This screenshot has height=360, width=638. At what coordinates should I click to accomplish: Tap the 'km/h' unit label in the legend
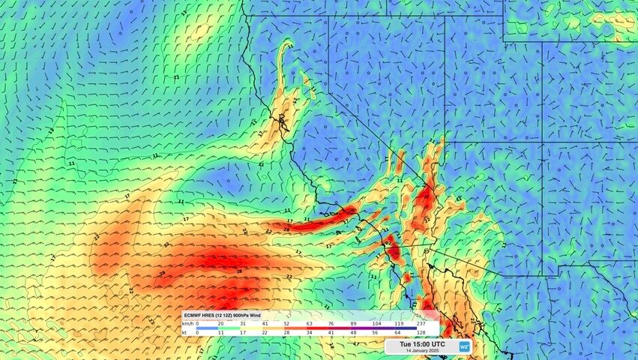point(188,323)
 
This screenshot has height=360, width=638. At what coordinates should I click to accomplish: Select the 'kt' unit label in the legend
point(185,331)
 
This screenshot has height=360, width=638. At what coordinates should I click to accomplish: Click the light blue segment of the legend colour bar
point(217,328)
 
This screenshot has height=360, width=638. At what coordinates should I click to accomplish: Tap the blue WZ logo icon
point(464,346)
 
